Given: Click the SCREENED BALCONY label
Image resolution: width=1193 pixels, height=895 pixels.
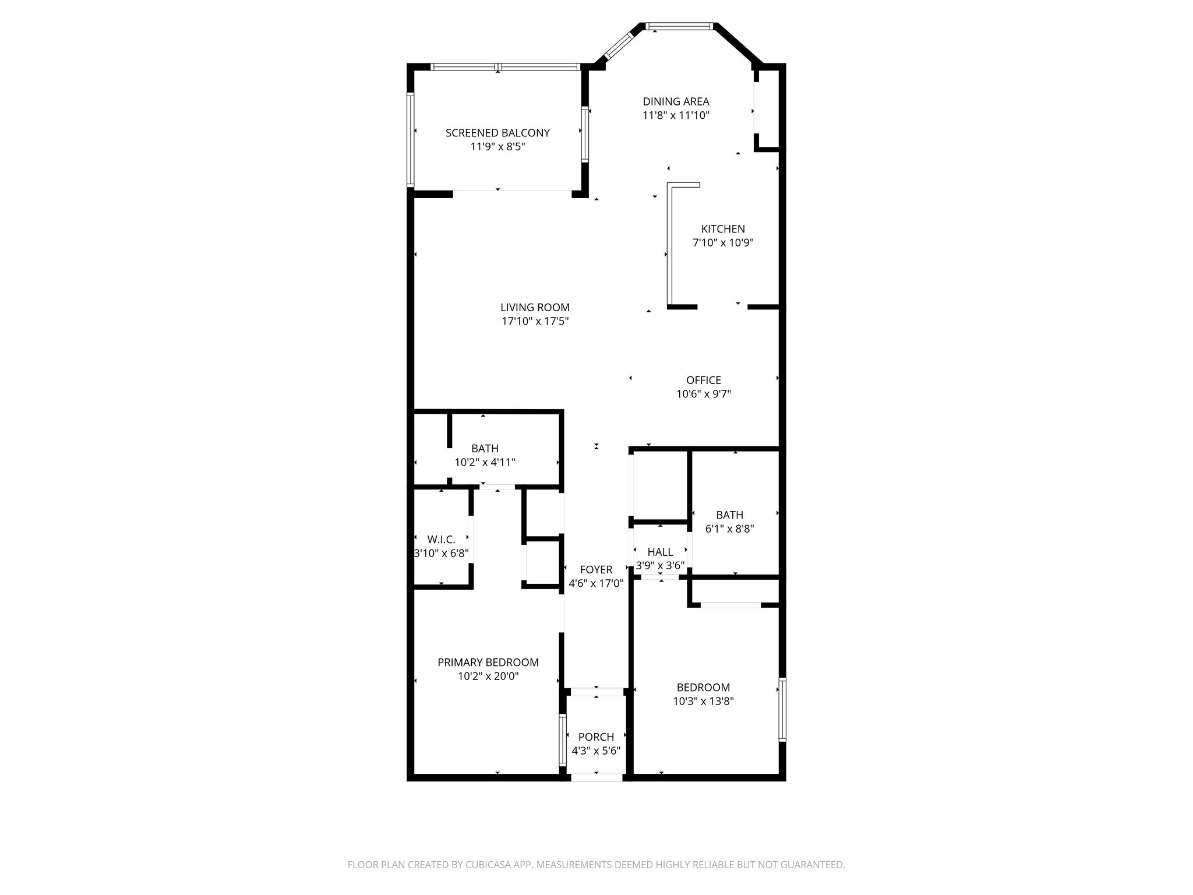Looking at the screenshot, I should point(497,133).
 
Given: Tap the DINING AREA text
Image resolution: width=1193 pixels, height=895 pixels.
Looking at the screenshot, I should point(676,101).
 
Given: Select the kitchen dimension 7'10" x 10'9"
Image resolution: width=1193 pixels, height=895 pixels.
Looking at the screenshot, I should point(723,243).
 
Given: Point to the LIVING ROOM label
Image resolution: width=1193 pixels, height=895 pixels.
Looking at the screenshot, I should point(535,307).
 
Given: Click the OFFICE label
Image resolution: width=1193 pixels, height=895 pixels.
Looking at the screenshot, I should point(704,380).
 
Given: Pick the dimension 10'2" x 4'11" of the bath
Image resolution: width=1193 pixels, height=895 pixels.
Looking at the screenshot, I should point(485,463).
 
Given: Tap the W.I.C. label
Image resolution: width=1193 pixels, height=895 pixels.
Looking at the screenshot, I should point(441,540).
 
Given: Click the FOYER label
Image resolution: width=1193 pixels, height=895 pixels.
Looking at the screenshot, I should point(596,569).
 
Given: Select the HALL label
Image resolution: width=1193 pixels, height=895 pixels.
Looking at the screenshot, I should point(660,552).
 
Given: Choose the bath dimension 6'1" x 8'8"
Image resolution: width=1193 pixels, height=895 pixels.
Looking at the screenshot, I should point(729,529).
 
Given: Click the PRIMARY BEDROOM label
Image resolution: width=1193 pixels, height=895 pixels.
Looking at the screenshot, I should point(488,662).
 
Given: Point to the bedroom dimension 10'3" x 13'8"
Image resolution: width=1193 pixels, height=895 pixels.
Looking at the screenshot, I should point(703,702).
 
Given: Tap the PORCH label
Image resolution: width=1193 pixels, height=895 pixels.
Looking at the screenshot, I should point(596,737).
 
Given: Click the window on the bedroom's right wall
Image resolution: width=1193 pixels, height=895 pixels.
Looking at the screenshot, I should point(782,709).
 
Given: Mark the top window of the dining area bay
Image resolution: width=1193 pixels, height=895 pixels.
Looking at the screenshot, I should point(680,26).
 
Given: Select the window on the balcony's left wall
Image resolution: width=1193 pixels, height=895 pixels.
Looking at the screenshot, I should point(410,139).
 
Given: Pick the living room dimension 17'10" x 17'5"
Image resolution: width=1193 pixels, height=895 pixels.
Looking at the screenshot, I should point(535,321).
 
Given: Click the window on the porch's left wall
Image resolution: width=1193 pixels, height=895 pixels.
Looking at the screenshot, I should point(562,740).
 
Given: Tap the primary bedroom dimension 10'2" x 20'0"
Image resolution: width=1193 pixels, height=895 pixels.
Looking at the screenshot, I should point(488,676).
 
